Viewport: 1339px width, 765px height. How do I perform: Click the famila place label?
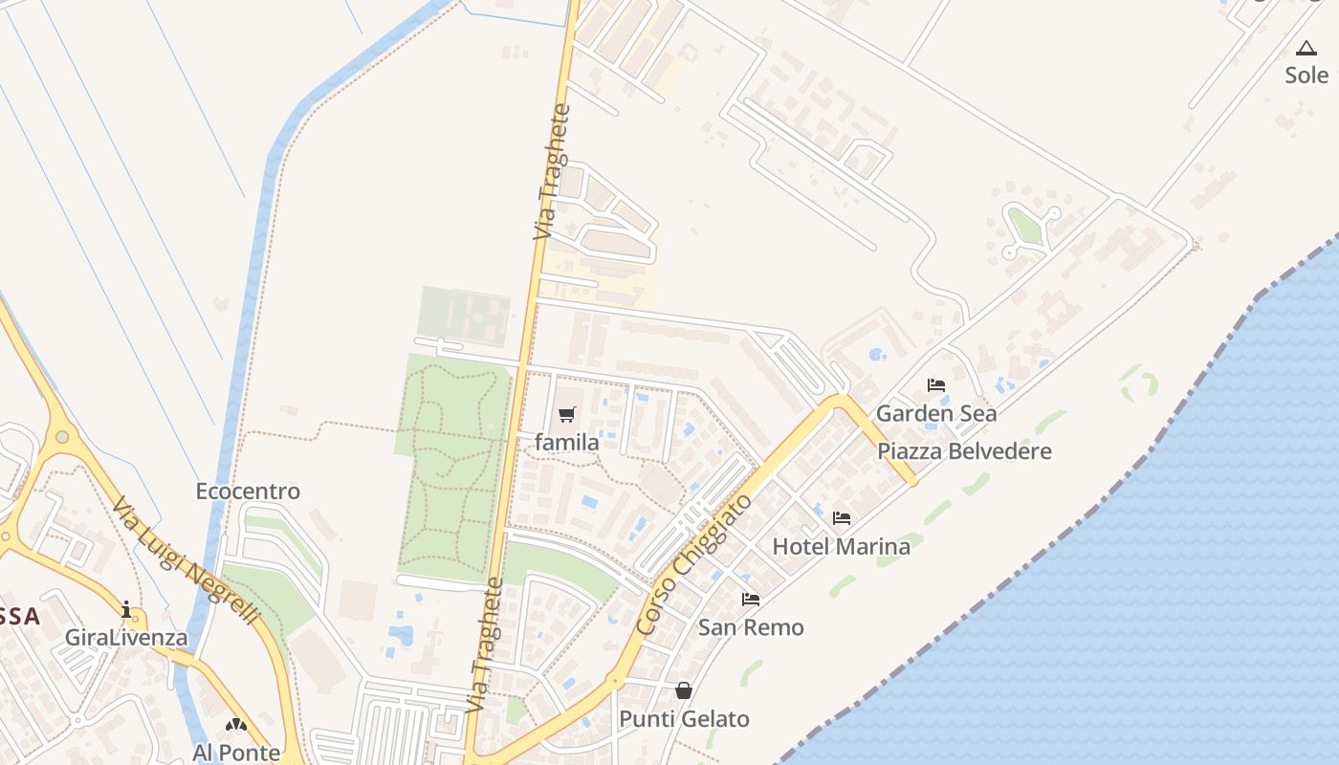coord(567,442)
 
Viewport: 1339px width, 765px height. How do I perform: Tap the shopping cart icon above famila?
coord(567,414)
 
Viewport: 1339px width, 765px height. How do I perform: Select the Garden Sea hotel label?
coord(936,413)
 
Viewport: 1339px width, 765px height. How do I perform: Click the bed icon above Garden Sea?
coord(936,385)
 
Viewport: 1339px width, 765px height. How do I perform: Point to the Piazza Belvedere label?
coord(964,451)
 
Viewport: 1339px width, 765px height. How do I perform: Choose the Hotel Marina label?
coord(841,546)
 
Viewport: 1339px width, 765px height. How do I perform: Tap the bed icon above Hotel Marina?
coord(842,518)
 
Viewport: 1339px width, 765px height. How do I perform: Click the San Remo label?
coord(751,627)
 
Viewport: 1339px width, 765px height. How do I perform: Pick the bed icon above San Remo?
coord(751,600)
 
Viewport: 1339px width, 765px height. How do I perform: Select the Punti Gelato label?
coord(684,718)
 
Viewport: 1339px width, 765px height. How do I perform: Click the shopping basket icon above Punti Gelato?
coord(684,690)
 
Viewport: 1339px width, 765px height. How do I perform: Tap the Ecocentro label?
coord(248,491)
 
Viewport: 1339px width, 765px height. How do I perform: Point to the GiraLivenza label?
coord(126,637)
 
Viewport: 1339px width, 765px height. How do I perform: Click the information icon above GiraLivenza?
coord(126,609)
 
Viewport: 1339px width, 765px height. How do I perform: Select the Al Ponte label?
coord(236,753)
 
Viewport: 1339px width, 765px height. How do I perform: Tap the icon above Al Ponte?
coord(236,725)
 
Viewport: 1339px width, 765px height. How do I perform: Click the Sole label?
coord(1306,75)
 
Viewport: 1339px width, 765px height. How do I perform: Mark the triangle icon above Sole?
coord(1306,48)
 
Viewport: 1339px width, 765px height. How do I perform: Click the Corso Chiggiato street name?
coord(693,564)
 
